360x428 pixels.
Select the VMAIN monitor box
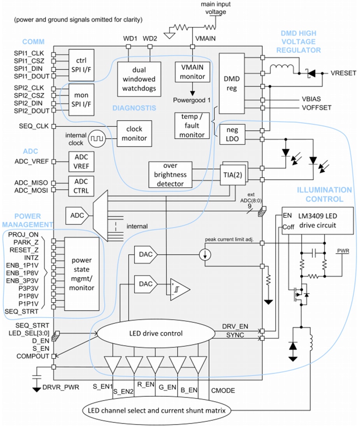tap(192, 72)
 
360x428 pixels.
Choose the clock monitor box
tap(134, 133)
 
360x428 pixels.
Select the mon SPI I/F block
tap(81, 99)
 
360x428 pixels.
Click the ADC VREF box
tap(81, 161)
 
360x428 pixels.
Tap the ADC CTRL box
tap(81, 186)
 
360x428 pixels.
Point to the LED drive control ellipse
tap(155, 333)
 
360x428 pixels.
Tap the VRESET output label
tap(343, 73)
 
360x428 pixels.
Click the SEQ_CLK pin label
tap(34, 126)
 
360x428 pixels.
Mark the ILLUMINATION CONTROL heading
tap(324, 195)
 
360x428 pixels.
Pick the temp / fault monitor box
tap(192, 125)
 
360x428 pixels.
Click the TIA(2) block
tap(234, 175)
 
